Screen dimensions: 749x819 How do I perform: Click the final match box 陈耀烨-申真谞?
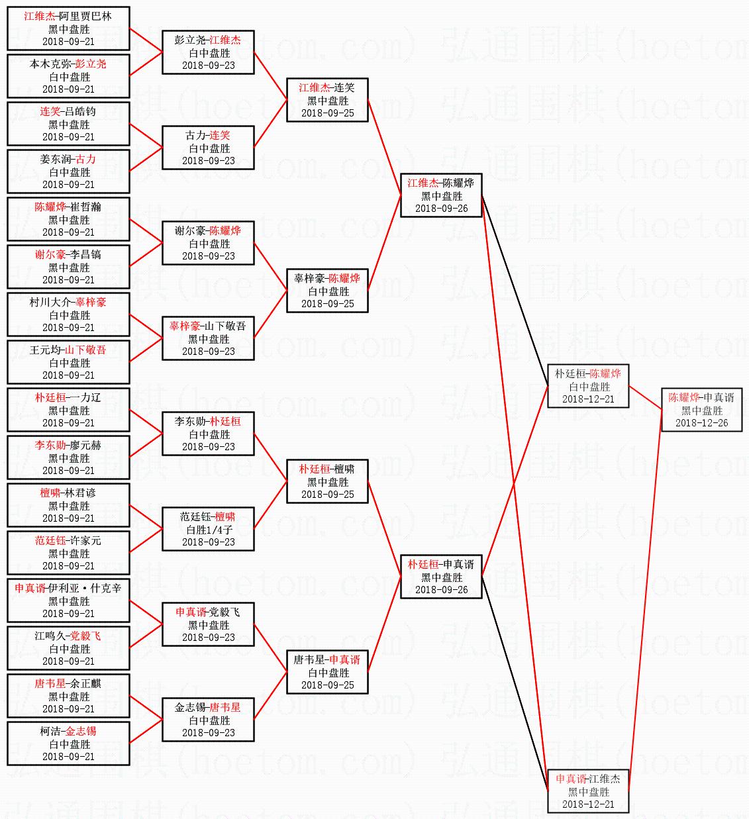click(701, 409)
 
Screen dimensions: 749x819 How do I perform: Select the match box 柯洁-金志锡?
click(69, 744)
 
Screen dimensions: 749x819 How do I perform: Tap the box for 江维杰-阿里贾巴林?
click(69, 28)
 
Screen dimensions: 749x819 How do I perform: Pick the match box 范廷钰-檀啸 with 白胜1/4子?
click(209, 529)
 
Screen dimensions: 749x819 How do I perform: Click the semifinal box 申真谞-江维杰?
click(588, 791)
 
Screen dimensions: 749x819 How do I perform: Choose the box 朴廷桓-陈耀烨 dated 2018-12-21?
click(588, 386)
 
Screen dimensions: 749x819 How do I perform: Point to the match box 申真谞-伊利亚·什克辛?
click(69, 601)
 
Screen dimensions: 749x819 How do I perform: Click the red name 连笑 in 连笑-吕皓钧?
click(50, 111)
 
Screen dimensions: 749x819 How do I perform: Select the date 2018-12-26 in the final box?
click(701, 423)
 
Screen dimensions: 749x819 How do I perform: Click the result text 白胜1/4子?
click(209, 530)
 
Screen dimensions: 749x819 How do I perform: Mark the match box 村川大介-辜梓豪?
click(69, 314)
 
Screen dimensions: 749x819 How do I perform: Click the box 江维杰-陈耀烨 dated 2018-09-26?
click(441, 195)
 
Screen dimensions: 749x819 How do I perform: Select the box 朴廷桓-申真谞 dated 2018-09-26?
click(441, 577)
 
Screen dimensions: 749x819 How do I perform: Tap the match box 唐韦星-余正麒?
click(69, 696)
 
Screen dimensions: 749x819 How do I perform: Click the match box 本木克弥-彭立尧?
click(69, 76)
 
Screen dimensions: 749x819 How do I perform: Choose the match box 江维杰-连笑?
click(327, 100)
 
